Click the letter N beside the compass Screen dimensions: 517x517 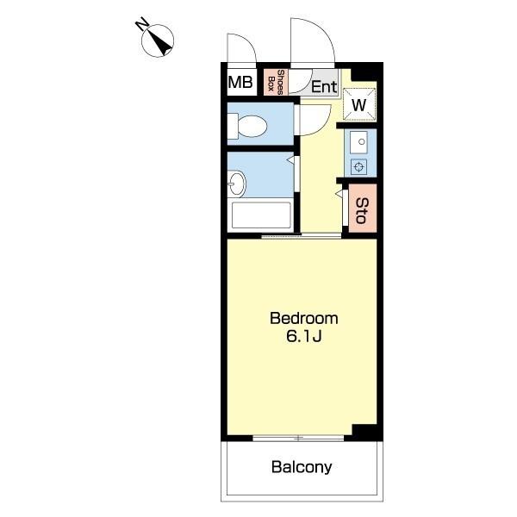pos(142,24)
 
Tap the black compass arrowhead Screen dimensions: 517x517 pos(162,45)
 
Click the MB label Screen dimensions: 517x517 pos(240,82)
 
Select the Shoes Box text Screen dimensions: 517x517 pos(277,82)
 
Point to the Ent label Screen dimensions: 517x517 pos(325,87)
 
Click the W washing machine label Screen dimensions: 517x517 pos(359,105)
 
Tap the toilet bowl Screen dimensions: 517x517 pos(247,127)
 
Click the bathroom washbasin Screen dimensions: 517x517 pos(236,184)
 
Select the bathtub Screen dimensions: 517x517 pos(261,215)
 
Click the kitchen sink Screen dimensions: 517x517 pos(358,142)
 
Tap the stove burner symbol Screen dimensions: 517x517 pos(359,167)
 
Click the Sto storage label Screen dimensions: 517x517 pos(361,211)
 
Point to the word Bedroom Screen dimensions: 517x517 pos(304,319)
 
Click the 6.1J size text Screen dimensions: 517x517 pos(304,336)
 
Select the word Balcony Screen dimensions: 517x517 pos(302,467)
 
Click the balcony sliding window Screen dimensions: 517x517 pos(298,439)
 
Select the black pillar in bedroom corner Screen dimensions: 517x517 pos(364,432)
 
